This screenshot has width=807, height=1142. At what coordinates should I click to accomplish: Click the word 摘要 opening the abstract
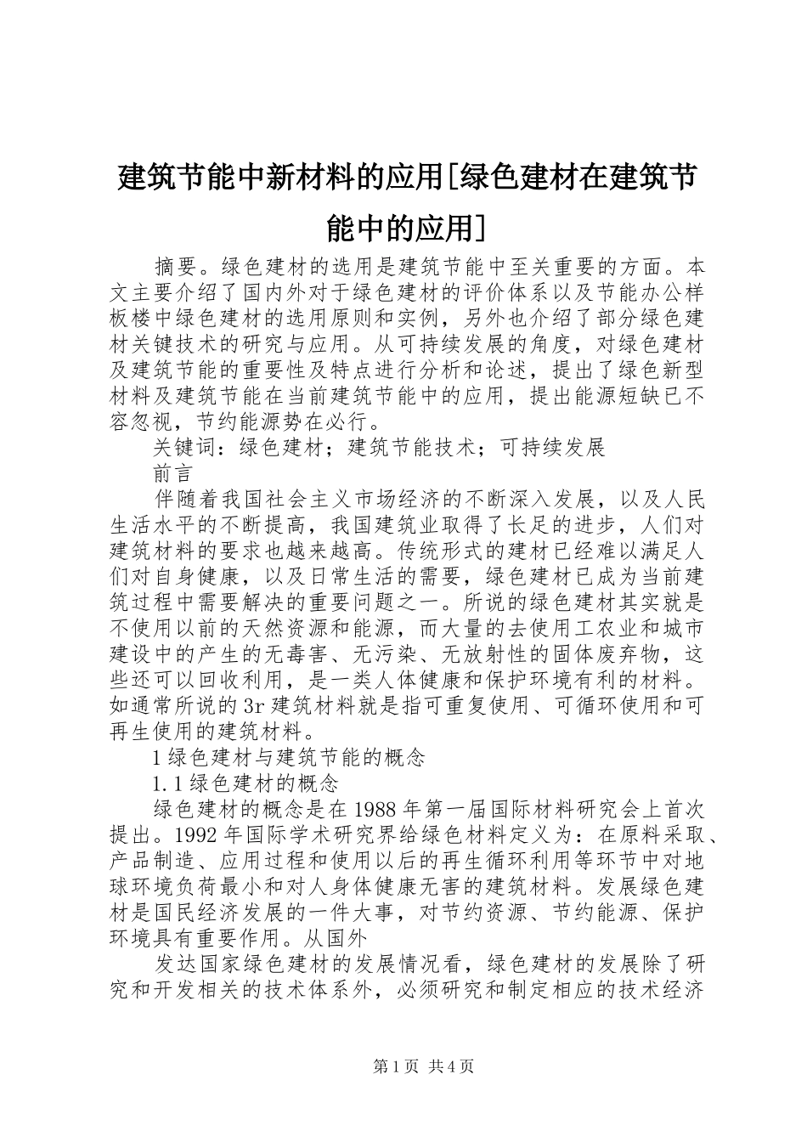click(177, 264)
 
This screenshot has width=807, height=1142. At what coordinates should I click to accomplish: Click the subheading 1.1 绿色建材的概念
click(245, 783)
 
